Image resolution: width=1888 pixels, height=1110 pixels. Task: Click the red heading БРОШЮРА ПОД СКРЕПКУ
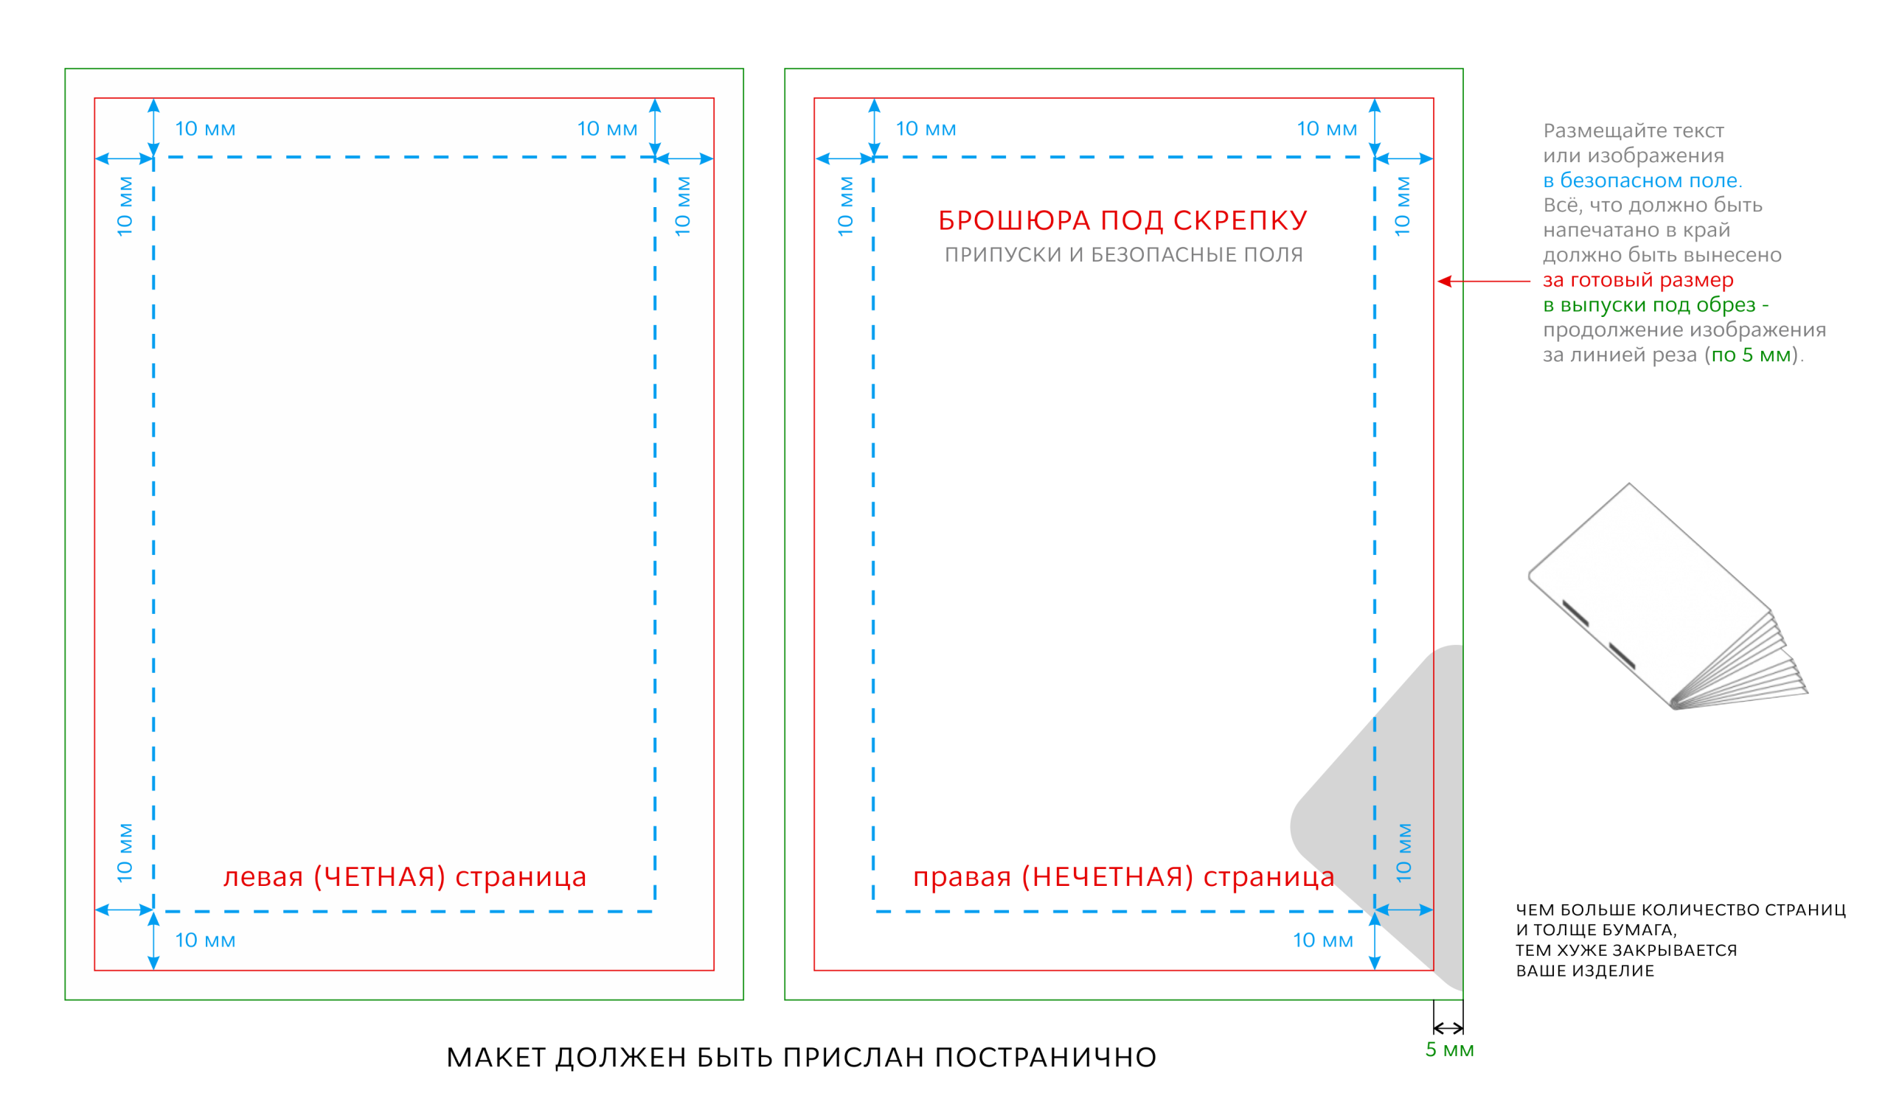(1123, 220)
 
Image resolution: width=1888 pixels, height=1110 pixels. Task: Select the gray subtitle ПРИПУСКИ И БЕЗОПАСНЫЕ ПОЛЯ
(1124, 255)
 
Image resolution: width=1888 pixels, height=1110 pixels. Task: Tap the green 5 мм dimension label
(1450, 1050)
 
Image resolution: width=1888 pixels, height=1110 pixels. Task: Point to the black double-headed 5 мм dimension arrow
(1448, 1028)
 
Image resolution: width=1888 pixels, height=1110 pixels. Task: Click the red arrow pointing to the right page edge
(1483, 282)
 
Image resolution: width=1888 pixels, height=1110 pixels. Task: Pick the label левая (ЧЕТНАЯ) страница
(405, 877)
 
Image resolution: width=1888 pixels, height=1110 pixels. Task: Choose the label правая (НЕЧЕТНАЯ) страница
(1124, 877)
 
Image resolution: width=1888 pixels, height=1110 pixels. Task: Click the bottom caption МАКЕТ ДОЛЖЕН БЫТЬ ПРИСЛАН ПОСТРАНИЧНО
(802, 1058)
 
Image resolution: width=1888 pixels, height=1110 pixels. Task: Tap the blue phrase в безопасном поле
(1642, 181)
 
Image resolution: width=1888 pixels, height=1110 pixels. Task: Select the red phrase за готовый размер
(1639, 280)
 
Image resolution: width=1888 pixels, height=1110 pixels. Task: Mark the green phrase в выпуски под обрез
(1649, 305)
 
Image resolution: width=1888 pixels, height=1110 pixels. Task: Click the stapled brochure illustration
(1667, 596)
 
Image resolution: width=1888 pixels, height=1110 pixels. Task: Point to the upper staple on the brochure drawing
(1575, 612)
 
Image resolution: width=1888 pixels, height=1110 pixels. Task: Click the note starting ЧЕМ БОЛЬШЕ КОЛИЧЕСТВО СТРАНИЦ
(1681, 940)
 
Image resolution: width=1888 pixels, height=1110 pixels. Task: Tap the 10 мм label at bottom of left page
(205, 940)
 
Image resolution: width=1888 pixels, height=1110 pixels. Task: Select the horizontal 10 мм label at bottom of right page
(1323, 940)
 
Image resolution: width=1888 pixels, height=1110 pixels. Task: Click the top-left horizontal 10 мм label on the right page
(926, 129)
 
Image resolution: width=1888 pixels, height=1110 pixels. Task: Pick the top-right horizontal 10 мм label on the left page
(608, 129)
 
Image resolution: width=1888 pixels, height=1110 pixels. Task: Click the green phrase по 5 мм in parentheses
(1751, 355)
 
